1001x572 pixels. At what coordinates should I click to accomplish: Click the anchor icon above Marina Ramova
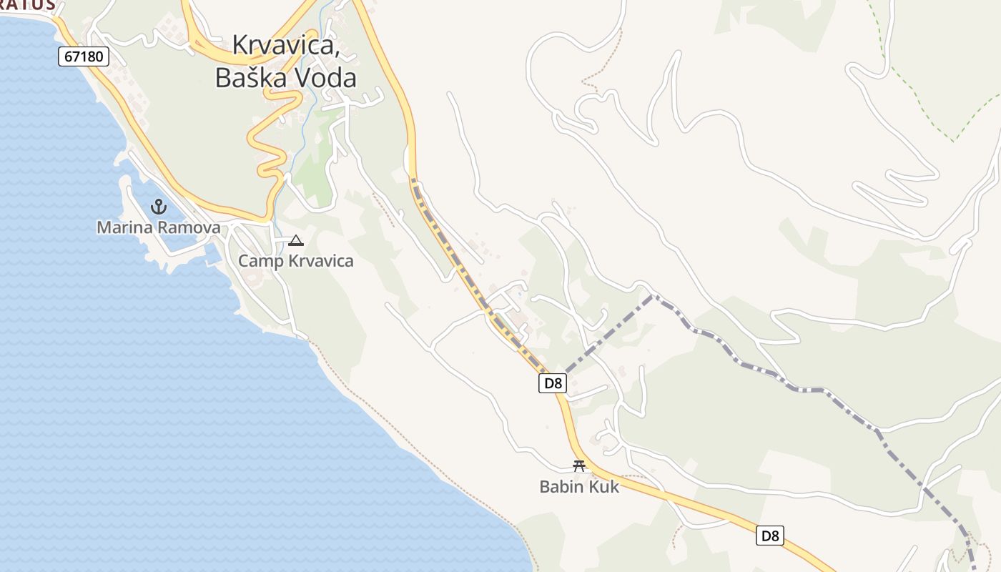pos(158,207)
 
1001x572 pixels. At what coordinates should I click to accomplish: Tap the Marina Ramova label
pos(158,228)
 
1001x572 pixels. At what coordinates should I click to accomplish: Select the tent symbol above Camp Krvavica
pos(296,241)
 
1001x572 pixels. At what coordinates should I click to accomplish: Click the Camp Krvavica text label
pos(295,261)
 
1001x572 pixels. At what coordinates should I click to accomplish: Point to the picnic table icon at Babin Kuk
pos(579,466)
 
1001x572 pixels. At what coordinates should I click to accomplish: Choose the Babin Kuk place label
pos(579,487)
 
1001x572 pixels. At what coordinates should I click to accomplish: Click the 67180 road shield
pos(84,56)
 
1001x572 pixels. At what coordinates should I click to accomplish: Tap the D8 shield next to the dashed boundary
pos(553,383)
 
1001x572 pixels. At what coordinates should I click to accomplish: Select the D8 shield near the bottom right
pos(770,536)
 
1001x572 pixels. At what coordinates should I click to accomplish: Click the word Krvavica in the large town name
pos(285,45)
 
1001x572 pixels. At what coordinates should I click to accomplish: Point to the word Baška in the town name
pos(249,77)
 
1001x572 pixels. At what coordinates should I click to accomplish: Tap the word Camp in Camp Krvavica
pos(260,261)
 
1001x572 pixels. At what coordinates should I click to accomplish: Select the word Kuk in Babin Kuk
pos(603,487)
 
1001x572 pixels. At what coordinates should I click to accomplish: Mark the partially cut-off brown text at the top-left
pos(29,5)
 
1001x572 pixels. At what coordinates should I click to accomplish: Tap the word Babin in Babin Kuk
pos(562,487)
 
